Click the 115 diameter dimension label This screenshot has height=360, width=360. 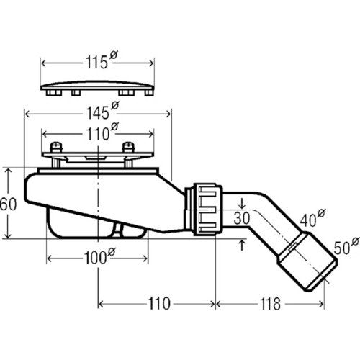pos(102,61)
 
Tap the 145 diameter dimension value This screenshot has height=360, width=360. pos(103,112)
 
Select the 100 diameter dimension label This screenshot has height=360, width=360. pos(100,257)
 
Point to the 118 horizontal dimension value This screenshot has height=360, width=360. pos(270,304)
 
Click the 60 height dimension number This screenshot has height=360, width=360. pos(8,204)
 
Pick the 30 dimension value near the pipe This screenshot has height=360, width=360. pos(242,218)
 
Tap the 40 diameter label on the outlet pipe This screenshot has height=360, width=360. pos(312,218)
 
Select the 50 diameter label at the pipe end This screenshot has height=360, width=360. pos(346,246)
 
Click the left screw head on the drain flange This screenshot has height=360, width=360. pos(56,147)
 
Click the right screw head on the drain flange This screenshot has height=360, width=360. pos(128,147)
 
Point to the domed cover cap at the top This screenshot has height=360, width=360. pos(97,88)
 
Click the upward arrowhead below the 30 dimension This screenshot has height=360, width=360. pos(242,244)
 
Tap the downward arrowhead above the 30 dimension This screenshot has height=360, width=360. pos(242,204)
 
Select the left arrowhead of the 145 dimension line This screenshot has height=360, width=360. pos(27,114)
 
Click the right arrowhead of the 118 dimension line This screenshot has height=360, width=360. pos(321,305)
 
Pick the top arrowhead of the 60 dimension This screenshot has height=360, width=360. pos(8,171)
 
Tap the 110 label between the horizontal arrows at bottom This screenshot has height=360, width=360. pos(159,304)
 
